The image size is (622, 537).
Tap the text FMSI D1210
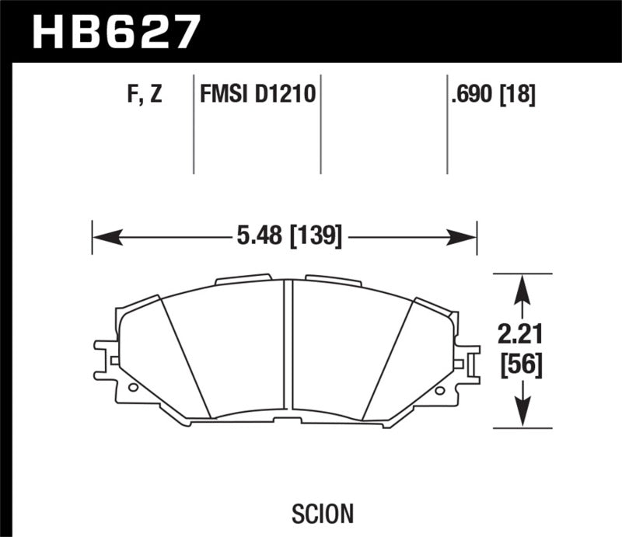pos(257,96)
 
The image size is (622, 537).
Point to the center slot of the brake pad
pos(288,350)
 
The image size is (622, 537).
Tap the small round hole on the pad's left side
pos(132,386)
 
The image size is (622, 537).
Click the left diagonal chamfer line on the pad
pos(187,357)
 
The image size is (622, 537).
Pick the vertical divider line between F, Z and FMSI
pos(193,124)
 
